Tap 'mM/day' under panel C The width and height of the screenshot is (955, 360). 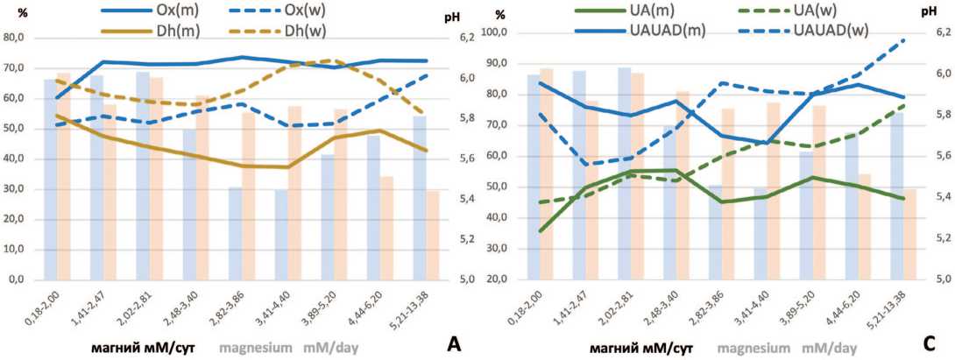[827, 347]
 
